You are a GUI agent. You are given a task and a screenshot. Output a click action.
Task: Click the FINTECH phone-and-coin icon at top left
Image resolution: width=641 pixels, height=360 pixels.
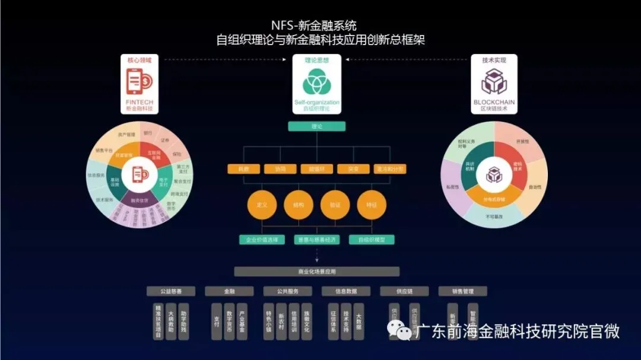(139, 81)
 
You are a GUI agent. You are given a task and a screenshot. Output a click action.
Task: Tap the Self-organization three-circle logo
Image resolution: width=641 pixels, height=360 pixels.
(316, 84)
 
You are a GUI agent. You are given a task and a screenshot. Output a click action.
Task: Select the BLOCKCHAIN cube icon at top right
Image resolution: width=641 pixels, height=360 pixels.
(494, 82)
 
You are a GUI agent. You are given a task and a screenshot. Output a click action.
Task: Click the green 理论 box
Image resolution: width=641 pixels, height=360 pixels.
(316, 126)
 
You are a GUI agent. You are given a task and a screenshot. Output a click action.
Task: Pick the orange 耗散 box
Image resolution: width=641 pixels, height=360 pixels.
(243, 169)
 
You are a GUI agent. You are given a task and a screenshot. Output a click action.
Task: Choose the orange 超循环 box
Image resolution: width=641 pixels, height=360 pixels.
(316, 169)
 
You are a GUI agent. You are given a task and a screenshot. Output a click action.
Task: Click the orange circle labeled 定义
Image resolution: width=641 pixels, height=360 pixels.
(262, 205)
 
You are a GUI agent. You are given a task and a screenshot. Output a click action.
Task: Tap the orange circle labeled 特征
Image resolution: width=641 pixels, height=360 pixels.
(372, 205)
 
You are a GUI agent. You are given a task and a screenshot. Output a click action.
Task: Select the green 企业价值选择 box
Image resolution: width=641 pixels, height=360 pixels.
(262, 240)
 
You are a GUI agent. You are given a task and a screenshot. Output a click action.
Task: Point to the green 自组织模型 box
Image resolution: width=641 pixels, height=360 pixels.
(372, 240)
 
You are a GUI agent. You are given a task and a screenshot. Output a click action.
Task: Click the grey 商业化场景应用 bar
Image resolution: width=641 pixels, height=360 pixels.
(316, 272)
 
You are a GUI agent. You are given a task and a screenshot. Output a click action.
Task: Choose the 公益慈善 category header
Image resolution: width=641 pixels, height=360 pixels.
(170, 291)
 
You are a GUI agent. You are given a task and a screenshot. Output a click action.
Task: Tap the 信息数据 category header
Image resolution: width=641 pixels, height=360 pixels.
(346, 291)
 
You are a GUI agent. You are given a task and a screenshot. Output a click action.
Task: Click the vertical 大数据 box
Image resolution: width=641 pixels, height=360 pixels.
(358, 321)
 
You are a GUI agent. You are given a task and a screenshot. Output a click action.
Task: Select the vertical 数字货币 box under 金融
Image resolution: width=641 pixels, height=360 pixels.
(229, 321)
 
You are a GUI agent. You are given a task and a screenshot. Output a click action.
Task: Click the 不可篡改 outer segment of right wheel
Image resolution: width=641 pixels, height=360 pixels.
(494, 218)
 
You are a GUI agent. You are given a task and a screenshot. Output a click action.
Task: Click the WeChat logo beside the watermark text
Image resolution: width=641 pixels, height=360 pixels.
(398, 331)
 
